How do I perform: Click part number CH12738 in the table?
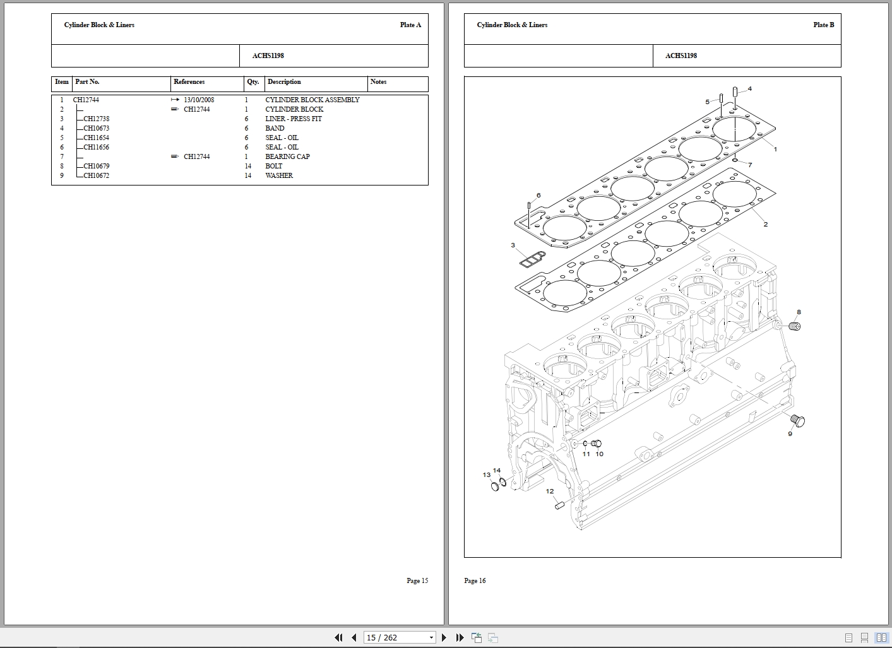pyautogui.click(x=96, y=119)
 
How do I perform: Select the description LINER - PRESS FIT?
pyautogui.click(x=293, y=119)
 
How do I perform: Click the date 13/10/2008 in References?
pyautogui.click(x=199, y=100)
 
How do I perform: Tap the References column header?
pyautogui.click(x=189, y=82)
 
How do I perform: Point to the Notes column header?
pyautogui.click(x=378, y=82)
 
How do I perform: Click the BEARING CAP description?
pyautogui.click(x=287, y=156)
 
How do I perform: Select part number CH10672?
pyautogui.click(x=96, y=175)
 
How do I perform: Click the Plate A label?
pyautogui.click(x=410, y=25)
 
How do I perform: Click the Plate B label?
pyautogui.click(x=823, y=25)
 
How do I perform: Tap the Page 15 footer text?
pyautogui.click(x=417, y=580)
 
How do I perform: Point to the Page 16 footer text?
pyautogui.click(x=475, y=580)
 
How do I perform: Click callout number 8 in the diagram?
pyautogui.click(x=799, y=312)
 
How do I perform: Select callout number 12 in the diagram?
pyautogui.click(x=550, y=492)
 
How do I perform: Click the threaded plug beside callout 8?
pyautogui.click(x=794, y=326)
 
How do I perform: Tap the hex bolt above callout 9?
pyautogui.click(x=798, y=420)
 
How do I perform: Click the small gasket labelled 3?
pyautogui.click(x=531, y=257)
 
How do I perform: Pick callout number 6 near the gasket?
pyautogui.click(x=538, y=196)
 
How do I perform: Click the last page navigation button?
pyautogui.click(x=460, y=637)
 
